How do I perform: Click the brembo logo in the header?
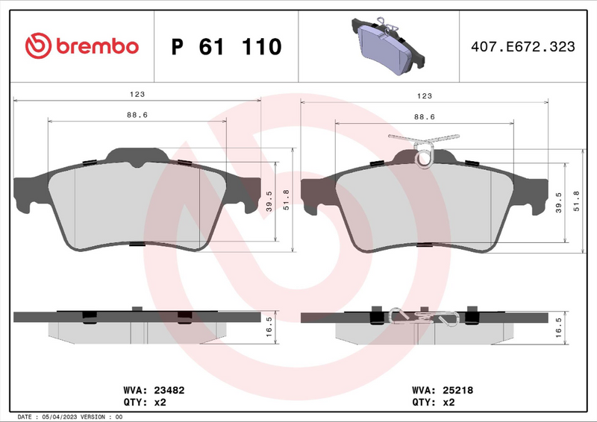82,46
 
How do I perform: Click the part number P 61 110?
227,47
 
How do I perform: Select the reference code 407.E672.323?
522,47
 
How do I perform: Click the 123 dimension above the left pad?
137,95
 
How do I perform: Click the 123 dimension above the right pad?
424,95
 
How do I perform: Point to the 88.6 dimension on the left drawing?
137,115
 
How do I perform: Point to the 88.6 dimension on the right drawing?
424,116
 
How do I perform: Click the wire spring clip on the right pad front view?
424,149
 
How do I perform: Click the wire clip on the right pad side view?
424,317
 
